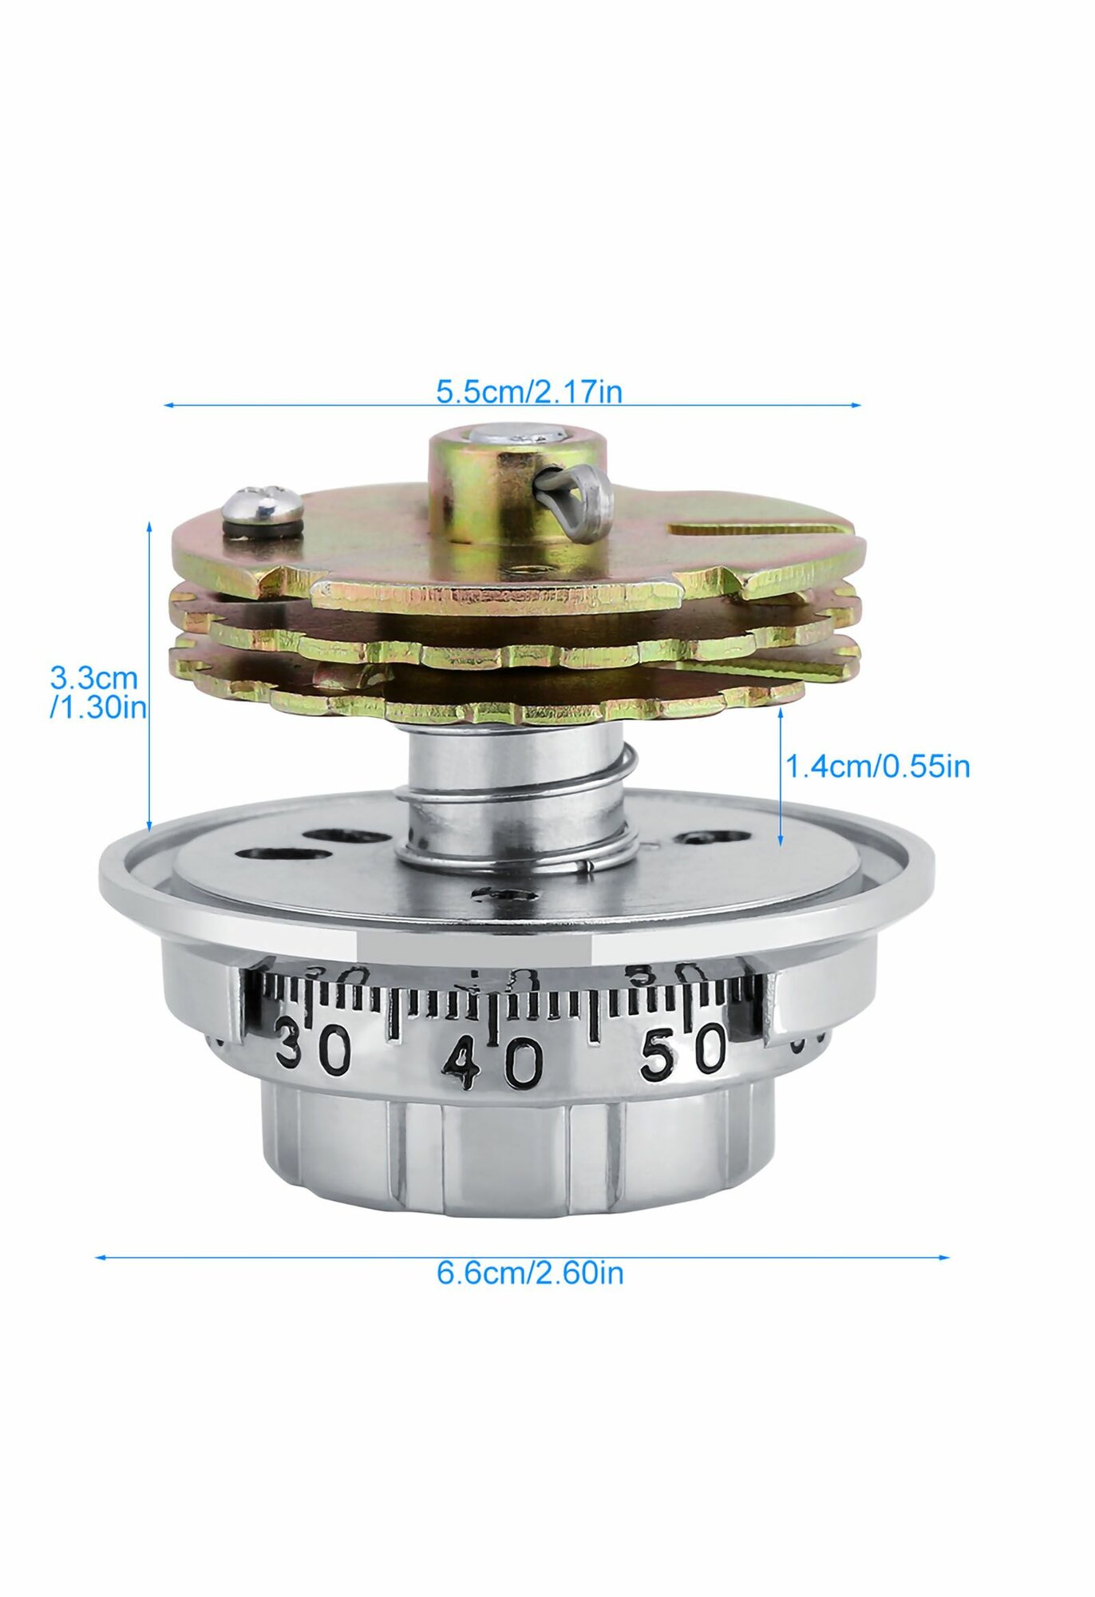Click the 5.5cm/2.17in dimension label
tap(528, 392)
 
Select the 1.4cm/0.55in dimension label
tap(878, 767)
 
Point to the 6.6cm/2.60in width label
tap(530, 1273)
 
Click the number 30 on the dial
tap(314, 1048)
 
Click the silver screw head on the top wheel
tap(263, 502)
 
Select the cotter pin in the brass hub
tap(575, 501)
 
